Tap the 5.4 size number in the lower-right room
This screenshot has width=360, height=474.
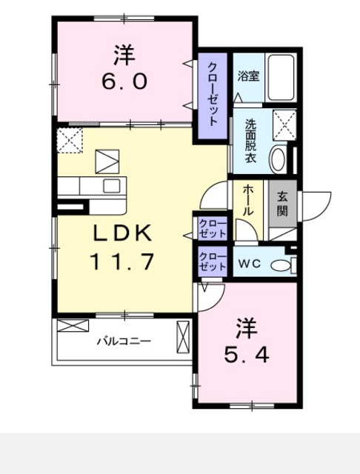(246, 353)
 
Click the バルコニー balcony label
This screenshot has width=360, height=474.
(124, 341)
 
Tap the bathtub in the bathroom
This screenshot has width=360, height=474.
(281, 76)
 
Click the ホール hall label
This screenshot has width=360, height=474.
(247, 200)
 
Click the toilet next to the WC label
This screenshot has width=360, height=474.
(282, 264)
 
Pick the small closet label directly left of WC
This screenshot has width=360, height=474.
(212, 261)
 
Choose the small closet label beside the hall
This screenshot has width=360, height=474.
(212, 228)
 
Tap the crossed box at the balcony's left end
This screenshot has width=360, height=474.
(73, 326)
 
